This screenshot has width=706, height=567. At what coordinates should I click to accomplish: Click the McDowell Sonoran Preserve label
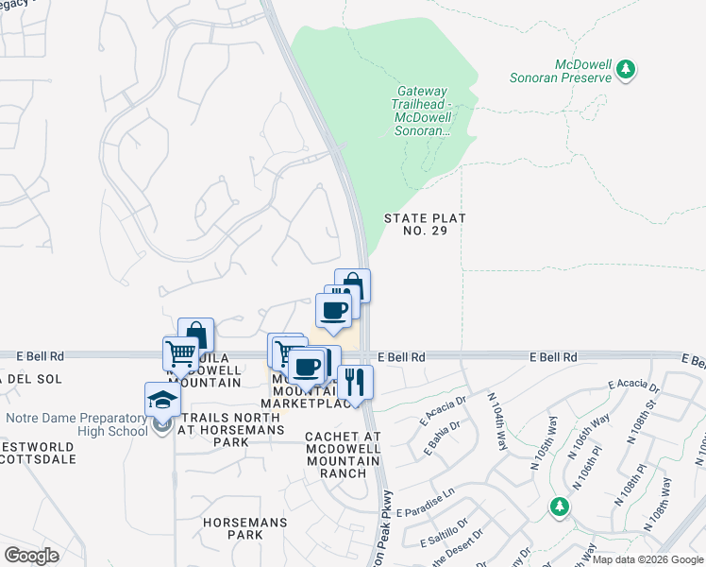tap(582, 71)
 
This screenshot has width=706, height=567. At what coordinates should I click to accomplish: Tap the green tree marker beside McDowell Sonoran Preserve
tap(625, 69)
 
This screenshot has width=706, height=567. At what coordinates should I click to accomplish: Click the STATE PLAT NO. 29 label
tap(426, 224)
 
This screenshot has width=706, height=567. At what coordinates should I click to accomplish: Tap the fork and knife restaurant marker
tap(355, 382)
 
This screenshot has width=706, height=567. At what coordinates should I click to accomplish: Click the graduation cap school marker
tap(162, 399)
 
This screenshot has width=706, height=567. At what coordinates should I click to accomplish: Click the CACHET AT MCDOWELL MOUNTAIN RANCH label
tap(343, 455)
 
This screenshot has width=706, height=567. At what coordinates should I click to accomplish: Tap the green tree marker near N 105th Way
tap(560, 507)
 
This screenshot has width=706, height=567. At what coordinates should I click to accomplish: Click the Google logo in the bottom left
tap(31, 556)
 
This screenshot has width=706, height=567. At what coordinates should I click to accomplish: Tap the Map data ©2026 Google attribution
tap(647, 559)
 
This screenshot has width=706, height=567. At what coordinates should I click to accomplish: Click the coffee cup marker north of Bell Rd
tap(333, 310)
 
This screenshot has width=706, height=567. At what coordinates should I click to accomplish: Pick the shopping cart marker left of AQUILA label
tap(180, 354)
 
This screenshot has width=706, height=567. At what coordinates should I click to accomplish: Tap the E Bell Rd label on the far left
tap(40, 356)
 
